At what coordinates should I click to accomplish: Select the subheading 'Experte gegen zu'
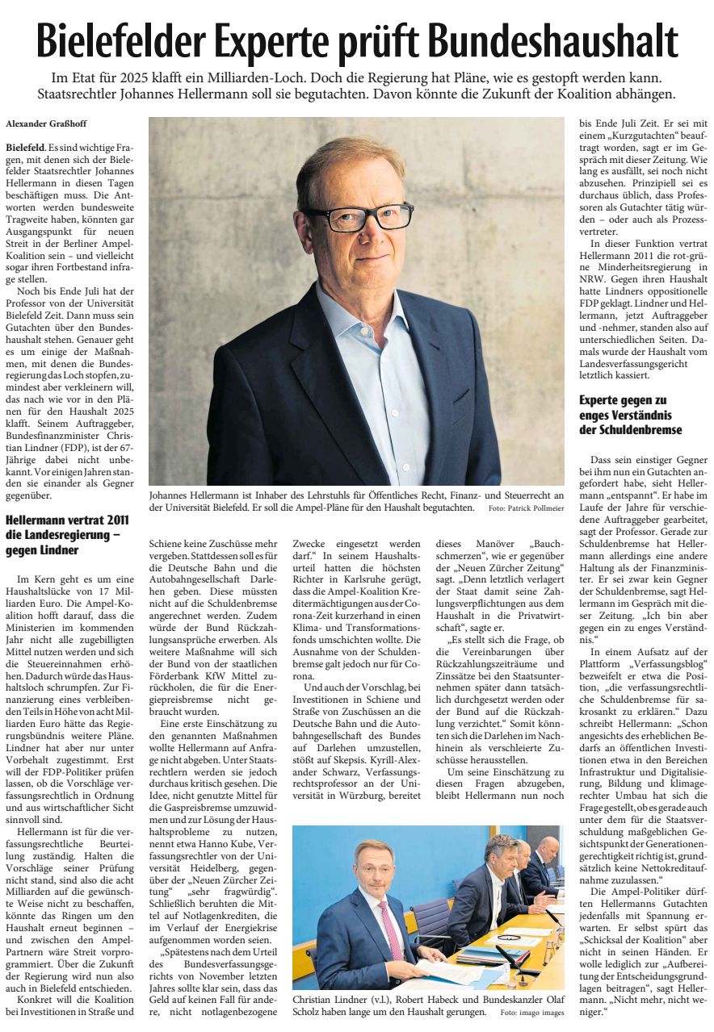coord(621,400)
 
